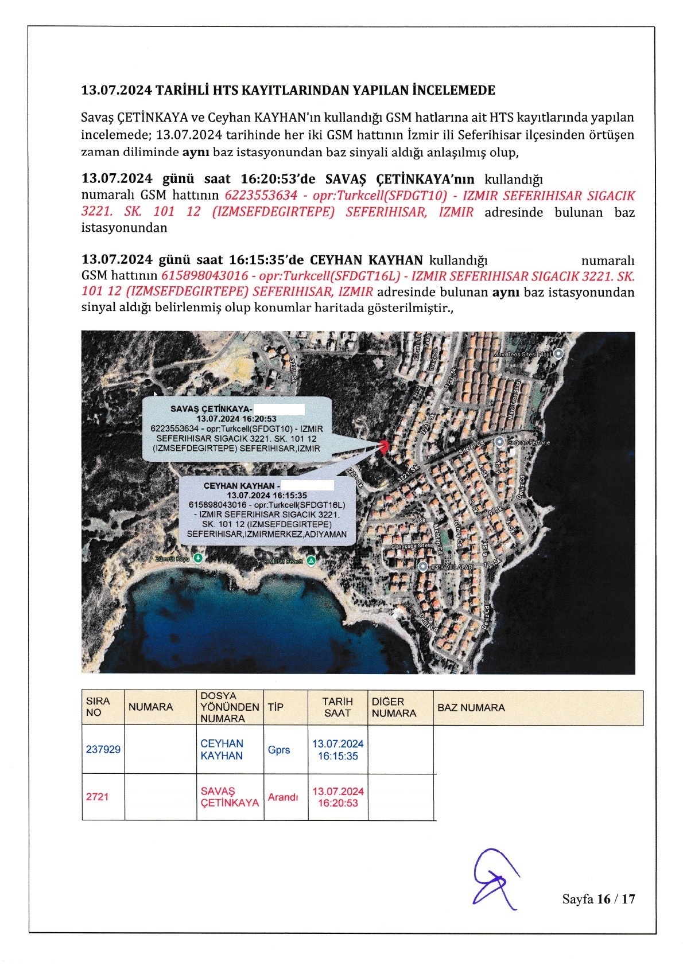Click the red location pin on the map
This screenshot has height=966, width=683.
click(384, 446)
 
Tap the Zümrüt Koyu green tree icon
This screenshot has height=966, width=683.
click(198, 558)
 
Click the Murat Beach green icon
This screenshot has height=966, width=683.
click(311, 560)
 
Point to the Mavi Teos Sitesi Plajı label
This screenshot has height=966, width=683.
click(522, 355)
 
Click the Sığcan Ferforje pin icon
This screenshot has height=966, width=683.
click(499, 442)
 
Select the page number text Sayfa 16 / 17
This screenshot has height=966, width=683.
click(599, 899)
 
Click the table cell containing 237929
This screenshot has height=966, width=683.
click(103, 749)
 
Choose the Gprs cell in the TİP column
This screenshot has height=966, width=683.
click(279, 750)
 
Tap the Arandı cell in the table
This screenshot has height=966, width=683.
click(283, 797)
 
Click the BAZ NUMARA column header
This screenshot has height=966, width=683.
click(471, 708)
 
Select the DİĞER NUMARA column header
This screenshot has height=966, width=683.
click(394, 707)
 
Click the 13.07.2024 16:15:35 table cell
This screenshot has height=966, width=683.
click(337, 750)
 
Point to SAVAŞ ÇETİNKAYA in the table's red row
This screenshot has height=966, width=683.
click(230, 797)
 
